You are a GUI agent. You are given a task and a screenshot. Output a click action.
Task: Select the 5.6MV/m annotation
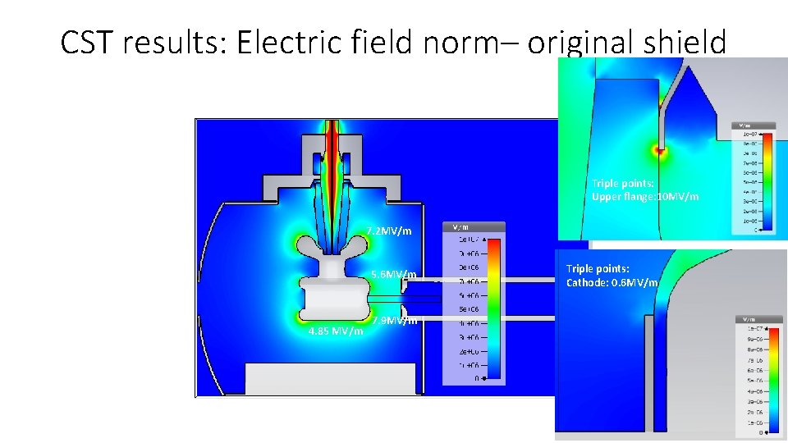394,274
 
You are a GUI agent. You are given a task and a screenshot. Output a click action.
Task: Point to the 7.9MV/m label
395,321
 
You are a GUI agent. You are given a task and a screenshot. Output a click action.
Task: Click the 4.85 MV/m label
336,331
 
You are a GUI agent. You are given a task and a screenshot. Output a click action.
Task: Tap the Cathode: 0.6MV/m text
612,282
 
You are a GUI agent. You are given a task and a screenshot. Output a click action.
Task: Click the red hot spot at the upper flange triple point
658,151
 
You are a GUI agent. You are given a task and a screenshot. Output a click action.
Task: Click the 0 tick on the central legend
478,378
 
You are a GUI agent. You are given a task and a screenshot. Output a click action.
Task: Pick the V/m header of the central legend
458,227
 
